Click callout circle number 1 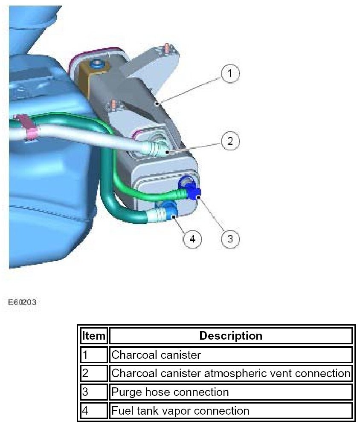(230, 73)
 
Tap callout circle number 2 (230, 141)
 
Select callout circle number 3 (230, 238)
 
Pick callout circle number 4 (192, 239)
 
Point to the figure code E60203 (22, 302)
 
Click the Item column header (93, 336)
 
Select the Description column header (231, 336)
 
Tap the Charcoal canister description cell (231, 355)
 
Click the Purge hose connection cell (231, 392)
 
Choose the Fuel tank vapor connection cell (231, 411)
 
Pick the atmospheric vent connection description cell (231, 373)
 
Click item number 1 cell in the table (93, 355)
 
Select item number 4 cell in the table (93, 411)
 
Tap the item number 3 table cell (93, 392)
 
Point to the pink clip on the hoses (27, 127)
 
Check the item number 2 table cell (93, 373)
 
